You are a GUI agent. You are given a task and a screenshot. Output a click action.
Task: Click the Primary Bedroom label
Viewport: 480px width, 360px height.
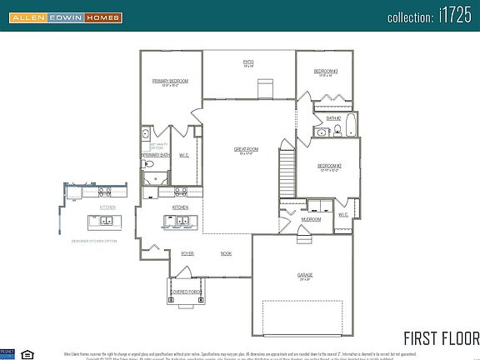point(170,81)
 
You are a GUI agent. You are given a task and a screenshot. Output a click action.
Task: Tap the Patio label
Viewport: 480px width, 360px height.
point(248,61)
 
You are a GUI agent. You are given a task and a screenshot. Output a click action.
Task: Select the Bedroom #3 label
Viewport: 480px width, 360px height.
point(325,72)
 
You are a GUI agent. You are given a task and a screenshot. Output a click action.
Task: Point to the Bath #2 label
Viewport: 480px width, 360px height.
point(333,118)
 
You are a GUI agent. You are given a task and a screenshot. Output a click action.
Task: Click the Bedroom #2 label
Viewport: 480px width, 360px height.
point(329,166)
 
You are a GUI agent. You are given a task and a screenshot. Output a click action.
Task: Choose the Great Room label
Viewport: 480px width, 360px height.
point(246,149)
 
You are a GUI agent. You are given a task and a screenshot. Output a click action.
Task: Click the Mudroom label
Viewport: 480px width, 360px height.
point(311,220)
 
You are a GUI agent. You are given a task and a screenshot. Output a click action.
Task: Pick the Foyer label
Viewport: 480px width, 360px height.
point(187,253)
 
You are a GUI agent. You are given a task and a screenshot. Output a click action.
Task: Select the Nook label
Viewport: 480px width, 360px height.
point(226,253)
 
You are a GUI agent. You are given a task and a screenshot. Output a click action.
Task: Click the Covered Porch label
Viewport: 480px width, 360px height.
point(187,292)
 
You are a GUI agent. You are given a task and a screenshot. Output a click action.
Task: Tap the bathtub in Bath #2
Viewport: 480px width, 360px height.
point(350,127)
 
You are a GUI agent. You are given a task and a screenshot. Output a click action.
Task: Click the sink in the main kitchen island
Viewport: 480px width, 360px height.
point(181,221)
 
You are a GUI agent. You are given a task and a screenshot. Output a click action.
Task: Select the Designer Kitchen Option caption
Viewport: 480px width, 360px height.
point(94,241)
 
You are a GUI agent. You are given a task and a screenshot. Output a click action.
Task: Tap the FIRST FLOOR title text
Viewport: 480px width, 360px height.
point(441,337)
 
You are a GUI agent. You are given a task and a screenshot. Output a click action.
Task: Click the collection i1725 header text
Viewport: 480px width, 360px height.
point(432,17)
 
